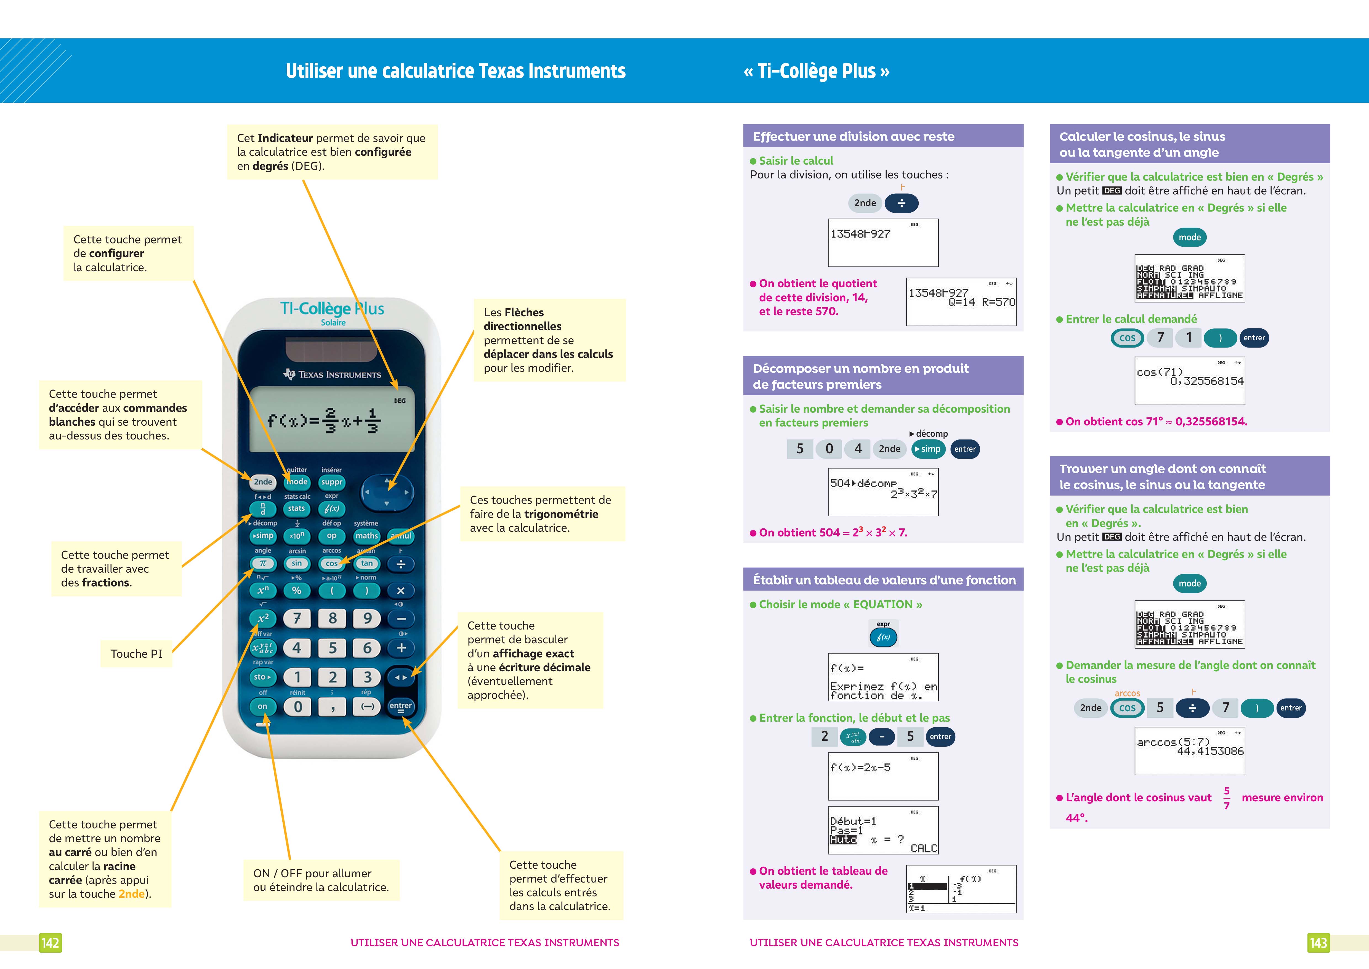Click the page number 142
tap(50, 943)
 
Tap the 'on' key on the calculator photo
tap(262, 707)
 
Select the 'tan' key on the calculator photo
tap(367, 563)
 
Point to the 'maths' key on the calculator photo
tap(367, 536)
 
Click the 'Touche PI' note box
tap(137, 653)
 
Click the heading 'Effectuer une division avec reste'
tap(853, 137)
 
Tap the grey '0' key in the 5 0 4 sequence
tap(829, 449)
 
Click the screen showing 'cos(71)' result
tap(1190, 380)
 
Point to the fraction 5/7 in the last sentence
tap(1227, 798)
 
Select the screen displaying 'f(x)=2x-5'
tap(883, 776)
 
